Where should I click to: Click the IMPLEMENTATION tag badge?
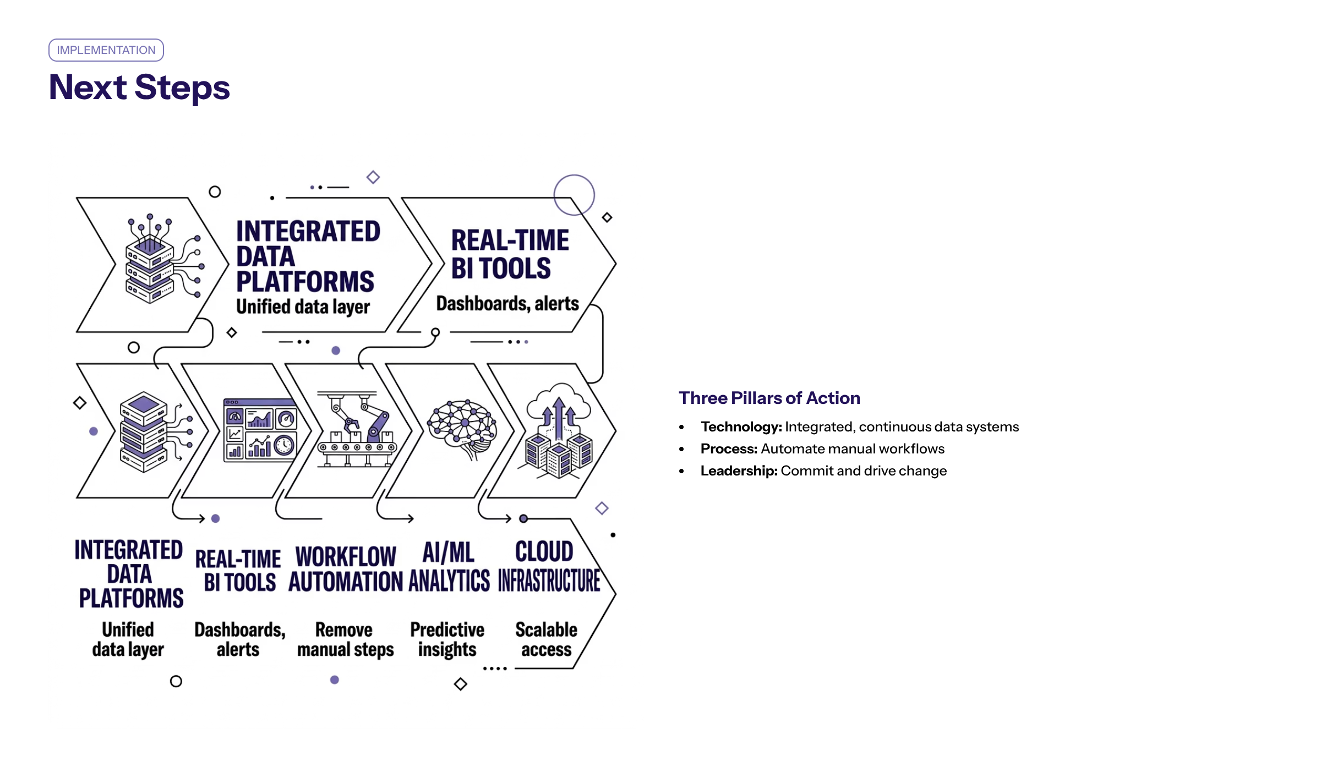tap(106, 50)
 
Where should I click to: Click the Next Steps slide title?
tap(139, 87)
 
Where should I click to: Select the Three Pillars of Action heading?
tap(769, 398)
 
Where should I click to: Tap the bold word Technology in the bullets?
tap(741, 427)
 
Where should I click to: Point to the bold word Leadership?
tap(739, 471)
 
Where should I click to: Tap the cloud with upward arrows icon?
tap(558, 429)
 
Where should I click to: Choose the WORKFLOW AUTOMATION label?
tap(346, 570)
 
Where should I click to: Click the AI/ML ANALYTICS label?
tap(449, 567)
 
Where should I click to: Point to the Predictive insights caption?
tap(447, 639)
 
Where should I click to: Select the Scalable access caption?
tap(546, 639)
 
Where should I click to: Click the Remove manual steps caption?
tap(345, 639)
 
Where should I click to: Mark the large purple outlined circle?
tap(574, 195)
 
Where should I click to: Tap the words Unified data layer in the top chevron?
tap(303, 307)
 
